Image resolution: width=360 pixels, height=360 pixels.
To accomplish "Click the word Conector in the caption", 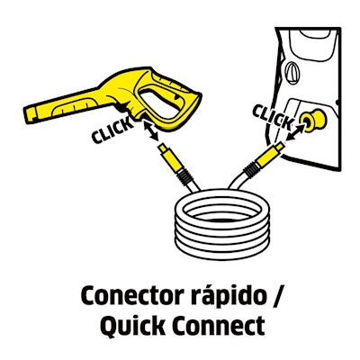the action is coord(129,295).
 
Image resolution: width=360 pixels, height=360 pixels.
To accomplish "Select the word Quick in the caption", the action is coord(133,325).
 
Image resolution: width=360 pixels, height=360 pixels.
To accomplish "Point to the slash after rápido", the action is coord(276,296).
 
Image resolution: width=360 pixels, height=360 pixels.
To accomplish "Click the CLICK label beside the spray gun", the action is coord(112,130).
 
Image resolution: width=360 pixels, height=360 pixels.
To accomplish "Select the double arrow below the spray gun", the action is coord(150,130).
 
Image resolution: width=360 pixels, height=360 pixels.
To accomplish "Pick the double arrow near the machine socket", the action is coord(295,131).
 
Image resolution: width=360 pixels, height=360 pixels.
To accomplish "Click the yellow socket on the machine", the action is coord(313,119).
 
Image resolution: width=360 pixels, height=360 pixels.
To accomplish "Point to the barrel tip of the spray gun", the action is coord(30,114).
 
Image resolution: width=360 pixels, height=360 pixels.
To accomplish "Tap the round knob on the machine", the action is coord(292,72).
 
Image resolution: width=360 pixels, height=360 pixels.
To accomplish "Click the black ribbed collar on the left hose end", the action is coord(183,177).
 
